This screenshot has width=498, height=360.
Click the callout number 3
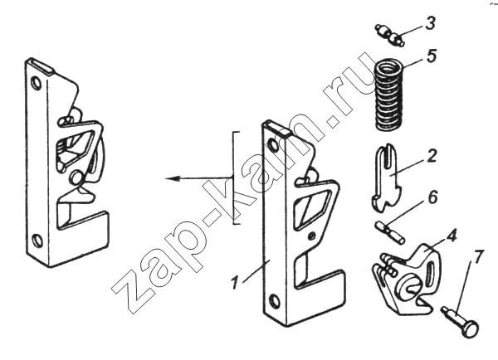pyautogui.click(x=430, y=23)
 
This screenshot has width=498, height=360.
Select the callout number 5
pyautogui.click(x=432, y=56)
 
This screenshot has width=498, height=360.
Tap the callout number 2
pyautogui.click(x=432, y=156)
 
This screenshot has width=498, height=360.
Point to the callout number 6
pyautogui.click(x=432, y=197)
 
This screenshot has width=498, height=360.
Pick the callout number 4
pyautogui.click(x=452, y=236)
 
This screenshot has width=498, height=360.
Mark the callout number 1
pyautogui.click(x=234, y=283)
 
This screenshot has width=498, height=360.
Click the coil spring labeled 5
pyautogui.click(x=389, y=96)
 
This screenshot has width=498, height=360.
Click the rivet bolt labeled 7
pyautogui.click(x=461, y=322)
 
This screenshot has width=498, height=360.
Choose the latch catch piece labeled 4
pyautogui.click(x=407, y=280)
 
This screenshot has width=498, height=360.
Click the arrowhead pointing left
pyautogui.click(x=172, y=178)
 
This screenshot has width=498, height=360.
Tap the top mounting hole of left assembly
pyautogui.click(x=37, y=83)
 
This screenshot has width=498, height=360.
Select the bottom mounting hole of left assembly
pyautogui.click(x=37, y=241)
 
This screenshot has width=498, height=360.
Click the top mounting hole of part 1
pyautogui.click(x=272, y=145)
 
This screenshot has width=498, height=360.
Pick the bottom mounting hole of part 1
pyautogui.click(x=275, y=300)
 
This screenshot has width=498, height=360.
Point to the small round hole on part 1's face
pyautogui.click(x=312, y=236)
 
